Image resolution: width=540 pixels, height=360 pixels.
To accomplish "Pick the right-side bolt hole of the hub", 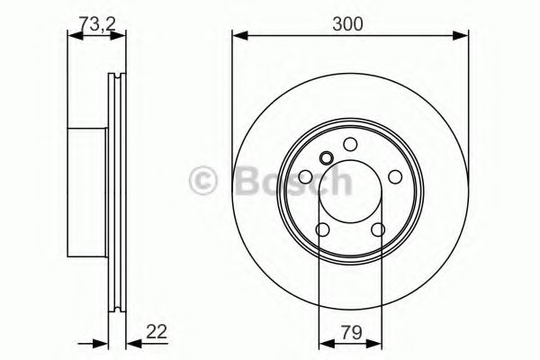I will pyautogui.click(x=395, y=177).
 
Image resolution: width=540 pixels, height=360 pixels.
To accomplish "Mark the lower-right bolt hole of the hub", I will pyautogui.click(x=378, y=229).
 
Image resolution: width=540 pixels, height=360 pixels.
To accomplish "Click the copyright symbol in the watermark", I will pyautogui.click(x=205, y=183).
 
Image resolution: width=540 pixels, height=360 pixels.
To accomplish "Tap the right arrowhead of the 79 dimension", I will pyautogui.click(x=378, y=342).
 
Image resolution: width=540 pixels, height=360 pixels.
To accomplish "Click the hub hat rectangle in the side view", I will pyautogui.click(x=88, y=190).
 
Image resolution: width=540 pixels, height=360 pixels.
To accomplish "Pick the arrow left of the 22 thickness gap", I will pyautogui.click(x=98, y=342).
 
